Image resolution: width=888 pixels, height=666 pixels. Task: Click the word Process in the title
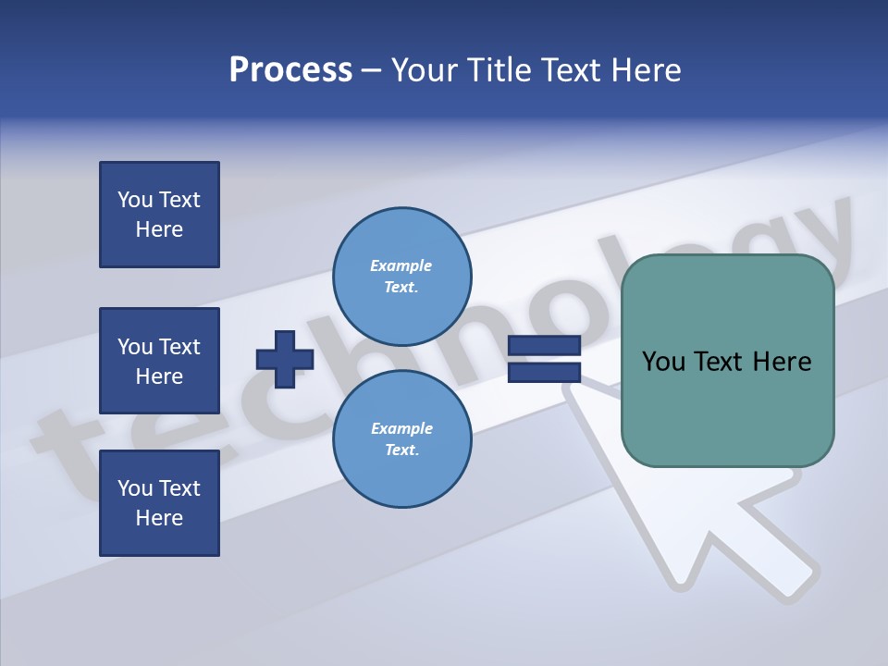point(290,70)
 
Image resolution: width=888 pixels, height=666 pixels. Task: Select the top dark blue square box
point(159,215)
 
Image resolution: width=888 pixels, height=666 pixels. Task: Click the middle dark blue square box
point(159,361)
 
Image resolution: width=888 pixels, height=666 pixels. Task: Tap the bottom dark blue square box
point(159,503)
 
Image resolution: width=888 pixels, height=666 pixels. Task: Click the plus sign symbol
point(285,359)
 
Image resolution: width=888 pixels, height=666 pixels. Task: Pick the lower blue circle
point(402,439)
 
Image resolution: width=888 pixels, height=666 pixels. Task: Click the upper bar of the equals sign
point(545,345)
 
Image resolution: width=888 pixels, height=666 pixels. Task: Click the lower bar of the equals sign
point(545,372)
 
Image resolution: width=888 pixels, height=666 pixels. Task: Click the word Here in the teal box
point(782,362)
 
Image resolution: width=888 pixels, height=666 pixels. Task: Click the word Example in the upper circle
point(401,265)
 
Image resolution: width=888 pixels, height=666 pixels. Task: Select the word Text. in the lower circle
point(401,450)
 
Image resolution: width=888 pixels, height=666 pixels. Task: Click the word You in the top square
point(134,200)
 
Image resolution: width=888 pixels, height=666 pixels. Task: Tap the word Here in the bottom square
point(159,518)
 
